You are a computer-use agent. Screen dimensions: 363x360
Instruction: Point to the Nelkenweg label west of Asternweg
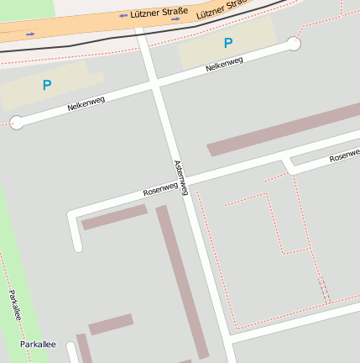tap(86, 104)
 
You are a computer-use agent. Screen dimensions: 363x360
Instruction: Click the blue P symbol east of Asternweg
tap(227, 43)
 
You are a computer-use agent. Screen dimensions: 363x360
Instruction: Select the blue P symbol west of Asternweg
tap(47, 85)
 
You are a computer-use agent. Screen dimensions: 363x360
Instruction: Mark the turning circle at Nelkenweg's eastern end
tap(293, 44)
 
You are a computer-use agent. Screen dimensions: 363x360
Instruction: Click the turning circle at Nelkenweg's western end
tap(17, 122)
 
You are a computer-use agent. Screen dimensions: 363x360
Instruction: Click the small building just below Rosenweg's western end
tap(113, 217)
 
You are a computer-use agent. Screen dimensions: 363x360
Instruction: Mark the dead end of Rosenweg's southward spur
tap(78, 247)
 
